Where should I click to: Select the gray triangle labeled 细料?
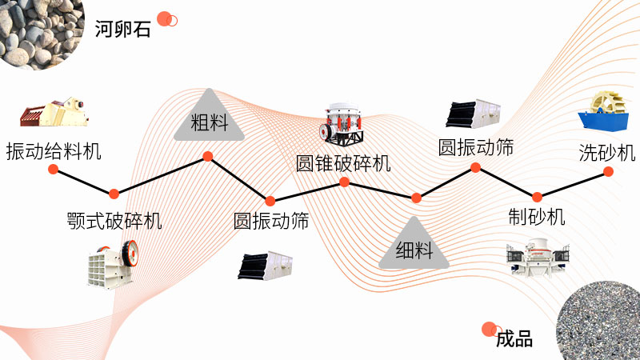click(414, 245)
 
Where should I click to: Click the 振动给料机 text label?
click(54, 150)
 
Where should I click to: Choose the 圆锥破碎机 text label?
click(343, 163)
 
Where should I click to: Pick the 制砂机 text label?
click(537, 216)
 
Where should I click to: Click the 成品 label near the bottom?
click(514, 338)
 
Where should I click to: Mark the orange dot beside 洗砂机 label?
click(608, 171)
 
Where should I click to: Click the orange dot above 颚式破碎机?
click(114, 194)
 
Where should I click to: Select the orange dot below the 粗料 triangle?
click(207, 157)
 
